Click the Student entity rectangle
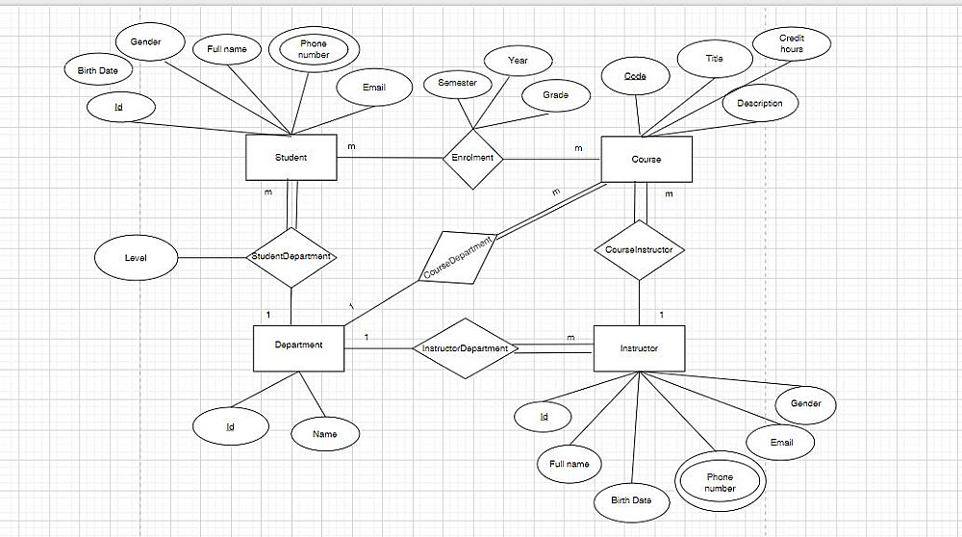(x=291, y=158)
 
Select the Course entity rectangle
(x=646, y=159)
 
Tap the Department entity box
(x=298, y=345)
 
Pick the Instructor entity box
(x=639, y=348)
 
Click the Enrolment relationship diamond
(x=471, y=158)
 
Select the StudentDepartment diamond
(x=291, y=257)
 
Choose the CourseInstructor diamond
(x=639, y=250)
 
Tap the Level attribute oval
(x=136, y=258)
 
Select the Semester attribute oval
(x=457, y=84)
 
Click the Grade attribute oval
(x=555, y=95)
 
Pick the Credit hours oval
(x=792, y=43)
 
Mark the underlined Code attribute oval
(x=635, y=76)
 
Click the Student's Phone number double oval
(x=314, y=49)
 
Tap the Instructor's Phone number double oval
(x=720, y=482)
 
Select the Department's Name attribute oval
(x=325, y=434)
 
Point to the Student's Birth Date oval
(x=98, y=70)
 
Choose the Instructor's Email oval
(x=781, y=443)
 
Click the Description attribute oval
(x=759, y=103)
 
